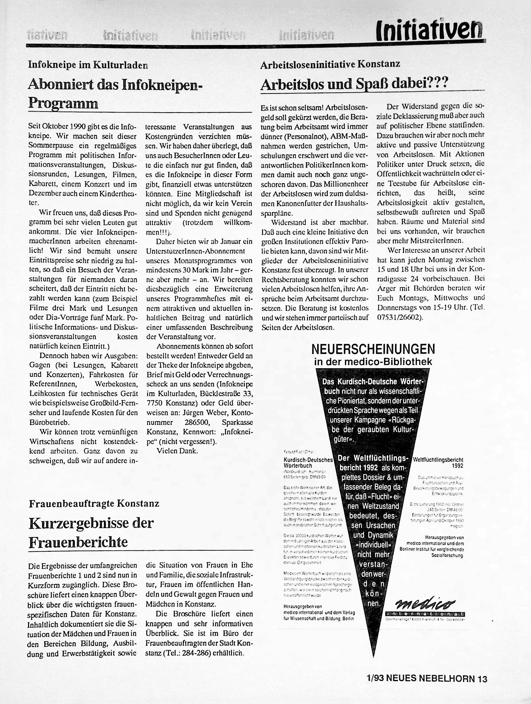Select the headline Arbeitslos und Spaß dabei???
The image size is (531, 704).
(x=354, y=84)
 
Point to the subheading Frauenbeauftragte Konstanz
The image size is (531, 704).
(x=94, y=503)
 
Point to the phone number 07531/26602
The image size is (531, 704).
(x=399, y=318)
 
